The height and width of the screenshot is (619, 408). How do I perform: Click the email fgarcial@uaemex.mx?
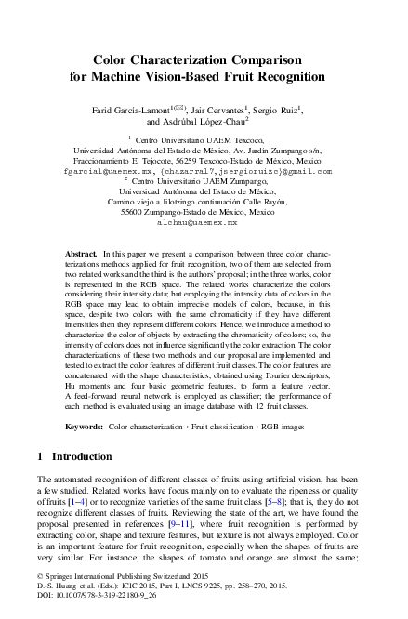point(102,171)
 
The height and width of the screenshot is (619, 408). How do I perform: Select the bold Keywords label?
point(84,427)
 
